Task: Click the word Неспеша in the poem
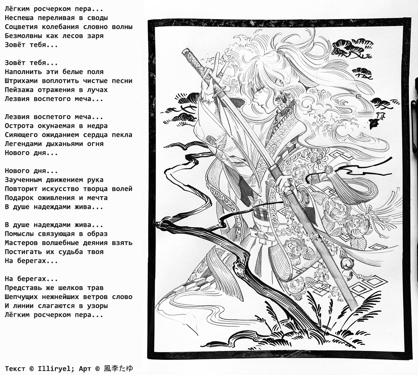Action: [19, 18]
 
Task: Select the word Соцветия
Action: [21, 27]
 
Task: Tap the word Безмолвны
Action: [23, 36]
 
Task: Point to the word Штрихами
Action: [21, 81]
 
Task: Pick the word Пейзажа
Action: [19, 90]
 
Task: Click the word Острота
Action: [19, 126]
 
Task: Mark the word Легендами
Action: [23, 144]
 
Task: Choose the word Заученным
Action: [23, 180]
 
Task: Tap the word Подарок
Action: [19, 198]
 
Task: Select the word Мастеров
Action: [21, 243]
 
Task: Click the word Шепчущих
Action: [21, 297]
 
